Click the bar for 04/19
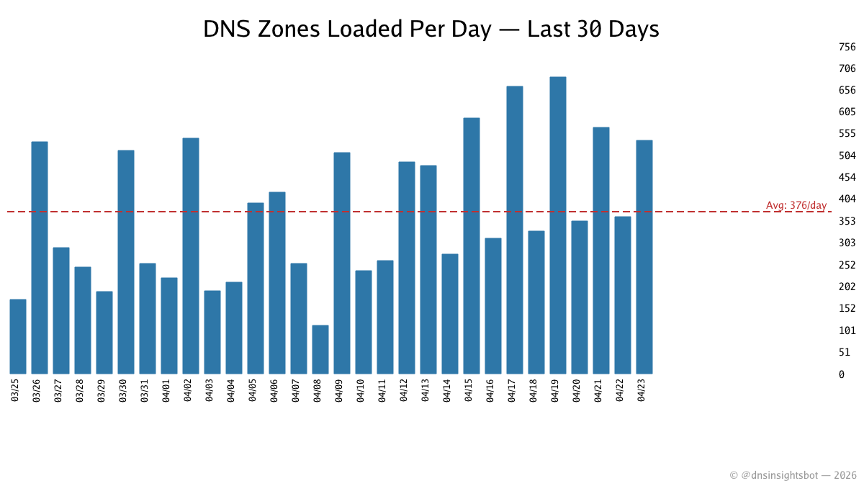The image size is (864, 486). coord(558,225)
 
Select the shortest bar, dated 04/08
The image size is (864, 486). coord(320,350)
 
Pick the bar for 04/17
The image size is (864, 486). coord(515,230)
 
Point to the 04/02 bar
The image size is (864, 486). coord(191,256)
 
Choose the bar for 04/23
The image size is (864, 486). coord(644,257)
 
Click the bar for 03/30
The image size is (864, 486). coord(126,262)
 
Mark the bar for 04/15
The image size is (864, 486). coord(472,246)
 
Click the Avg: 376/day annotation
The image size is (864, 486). coord(796,206)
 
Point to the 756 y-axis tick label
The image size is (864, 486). coord(847,47)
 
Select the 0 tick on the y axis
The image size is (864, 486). coord(842,374)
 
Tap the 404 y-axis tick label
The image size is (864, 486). coord(847,199)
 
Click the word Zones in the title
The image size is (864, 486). coord(283,30)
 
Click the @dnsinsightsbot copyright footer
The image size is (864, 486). coord(793,475)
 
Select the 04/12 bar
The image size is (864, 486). coord(407,268)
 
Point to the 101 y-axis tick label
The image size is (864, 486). coord(847,330)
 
